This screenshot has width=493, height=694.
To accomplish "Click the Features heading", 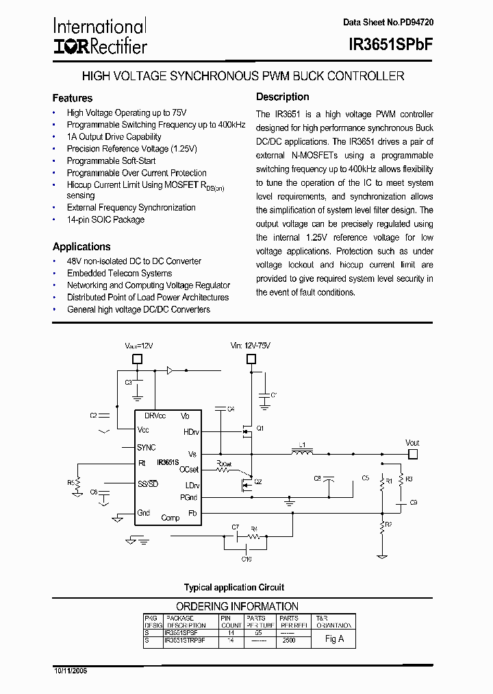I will click(x=72, y=98).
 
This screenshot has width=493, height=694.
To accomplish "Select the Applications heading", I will click(x=81, y=247).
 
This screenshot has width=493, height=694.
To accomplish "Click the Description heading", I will click(x=283, y=97).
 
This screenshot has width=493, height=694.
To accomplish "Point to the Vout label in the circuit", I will click(x=412, y=443).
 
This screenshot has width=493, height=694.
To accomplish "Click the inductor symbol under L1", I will click(x=301, y=453).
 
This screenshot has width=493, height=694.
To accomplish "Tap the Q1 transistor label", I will click(x=260, y=427).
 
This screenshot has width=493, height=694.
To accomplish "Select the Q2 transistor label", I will click(x=258, y=481).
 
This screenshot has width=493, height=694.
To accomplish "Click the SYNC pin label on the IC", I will click(x=147, y=447).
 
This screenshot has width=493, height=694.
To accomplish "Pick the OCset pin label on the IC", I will click(x=189, y=470).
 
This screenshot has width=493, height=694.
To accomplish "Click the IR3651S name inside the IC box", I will click(x=168, y=463).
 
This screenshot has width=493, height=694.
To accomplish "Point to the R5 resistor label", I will click(x=71, y=483).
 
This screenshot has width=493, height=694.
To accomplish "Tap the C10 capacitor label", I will click(x=246, y=559).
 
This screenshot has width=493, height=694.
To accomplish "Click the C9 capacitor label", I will click(x=414, y=503).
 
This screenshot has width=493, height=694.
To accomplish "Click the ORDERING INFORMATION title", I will click(x=237, y=607).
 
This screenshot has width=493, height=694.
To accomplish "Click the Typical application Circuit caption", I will click(x=234, y=588).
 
